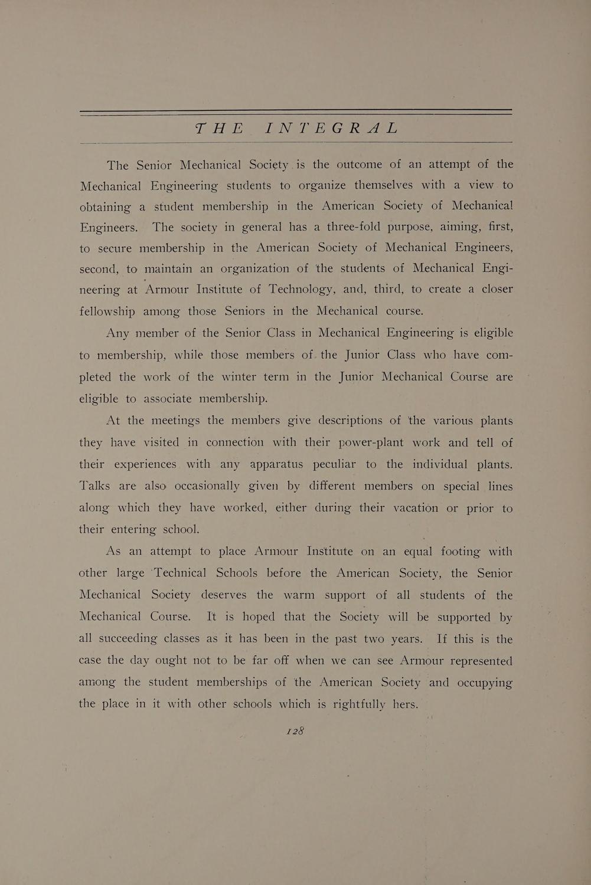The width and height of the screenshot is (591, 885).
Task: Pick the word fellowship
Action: pyautogui.click(x=107, y=311)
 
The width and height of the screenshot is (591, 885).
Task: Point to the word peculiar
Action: pyautogui.click(x=334, y=464)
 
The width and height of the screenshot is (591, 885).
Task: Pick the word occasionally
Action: pyautogui.click(x=207, y=486)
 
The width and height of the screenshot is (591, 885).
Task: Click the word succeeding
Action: pyautogui.click(x=127, y=639)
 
